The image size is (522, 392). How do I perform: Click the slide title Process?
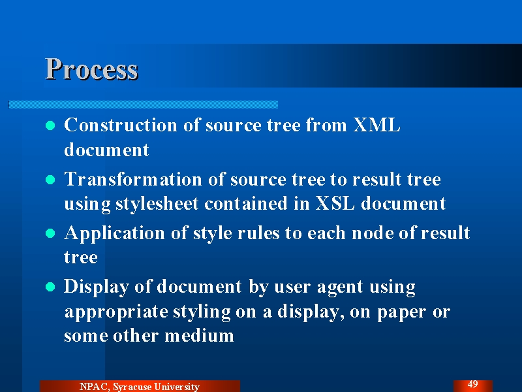pyautogui.click(x=91, y=69)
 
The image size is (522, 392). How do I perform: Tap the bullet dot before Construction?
pyautogui.click(x=50, y=125)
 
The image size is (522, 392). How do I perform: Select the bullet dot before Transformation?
pyautogui.click(x=50, y=180)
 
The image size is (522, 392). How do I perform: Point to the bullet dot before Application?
pyautogui.click(x=50, y=233)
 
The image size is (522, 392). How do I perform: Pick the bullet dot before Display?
pyautogui.click(x=50, y=287)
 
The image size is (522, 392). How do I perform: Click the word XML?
pyautogui.click(x=376, y=125)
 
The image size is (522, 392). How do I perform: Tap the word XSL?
pyautogui.click(x=335, y=203)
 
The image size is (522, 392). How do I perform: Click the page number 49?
pyautogui.click(x=472, y=384)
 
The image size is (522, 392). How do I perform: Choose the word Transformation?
pyautogui.click(x=133, y=179)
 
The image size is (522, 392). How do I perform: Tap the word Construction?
pyautogui.click(x=121, y=125)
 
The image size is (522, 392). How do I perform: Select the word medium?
pyautogui.click(x=199, y=335)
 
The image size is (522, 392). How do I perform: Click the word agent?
pyautogui.click(x=340, y=287)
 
